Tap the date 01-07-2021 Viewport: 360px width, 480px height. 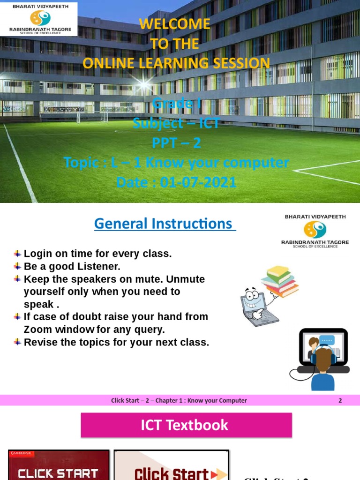[198, 182]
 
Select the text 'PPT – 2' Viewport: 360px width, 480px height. [176, 142]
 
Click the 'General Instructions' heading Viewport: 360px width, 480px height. [164, 224]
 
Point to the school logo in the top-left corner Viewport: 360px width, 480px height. [40, 19]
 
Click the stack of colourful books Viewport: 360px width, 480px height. [280, 280]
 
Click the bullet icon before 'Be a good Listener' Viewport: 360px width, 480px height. [18, 266]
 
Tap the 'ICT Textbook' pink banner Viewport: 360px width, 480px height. [186, 425]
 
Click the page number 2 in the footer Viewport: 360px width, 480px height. [340, 400]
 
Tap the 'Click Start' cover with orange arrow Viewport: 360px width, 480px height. [171, 466]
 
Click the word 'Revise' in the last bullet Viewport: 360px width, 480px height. [40, 342]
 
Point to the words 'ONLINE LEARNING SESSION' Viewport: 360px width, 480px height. [176, 63]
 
